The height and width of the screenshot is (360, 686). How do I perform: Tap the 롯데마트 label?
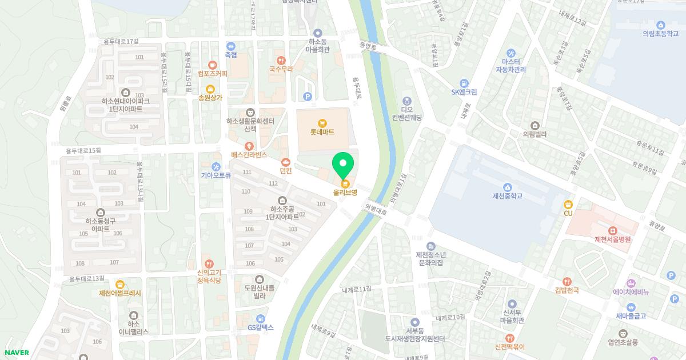pos(322,132)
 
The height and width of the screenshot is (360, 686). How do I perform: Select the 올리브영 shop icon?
pos(345,183)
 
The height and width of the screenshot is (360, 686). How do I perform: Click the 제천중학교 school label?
pos(507,196)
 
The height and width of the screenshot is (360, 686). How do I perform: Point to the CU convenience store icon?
pos(568,204)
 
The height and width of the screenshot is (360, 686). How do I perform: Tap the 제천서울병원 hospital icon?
pos(612,230)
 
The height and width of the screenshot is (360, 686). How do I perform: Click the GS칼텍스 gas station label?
pos(261,327)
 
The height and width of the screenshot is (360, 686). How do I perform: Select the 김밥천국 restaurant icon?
pos(567,281)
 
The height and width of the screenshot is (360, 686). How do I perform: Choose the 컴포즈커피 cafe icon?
pos(213,65)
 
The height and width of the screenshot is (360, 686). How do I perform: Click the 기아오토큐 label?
pos(216,175)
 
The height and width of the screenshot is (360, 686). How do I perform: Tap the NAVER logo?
pos(17,353)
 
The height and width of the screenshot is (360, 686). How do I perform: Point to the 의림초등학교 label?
pos(661,33)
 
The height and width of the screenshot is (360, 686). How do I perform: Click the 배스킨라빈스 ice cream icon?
pos(249,147)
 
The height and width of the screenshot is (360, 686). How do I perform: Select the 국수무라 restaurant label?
pos(281,69)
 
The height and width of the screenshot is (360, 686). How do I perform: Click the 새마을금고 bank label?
pos(631,316)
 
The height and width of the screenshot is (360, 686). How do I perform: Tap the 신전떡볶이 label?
pos(510,347)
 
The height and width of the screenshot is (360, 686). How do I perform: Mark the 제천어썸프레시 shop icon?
pos(120,284)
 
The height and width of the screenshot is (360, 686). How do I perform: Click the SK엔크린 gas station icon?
pos(464,83)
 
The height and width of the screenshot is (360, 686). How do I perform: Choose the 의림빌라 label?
pos(535,134)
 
